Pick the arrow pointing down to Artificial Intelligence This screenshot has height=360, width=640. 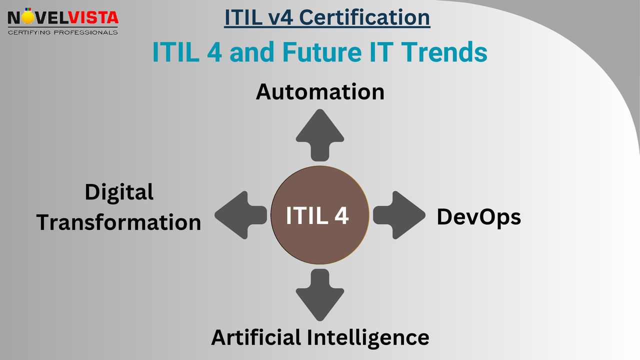320,295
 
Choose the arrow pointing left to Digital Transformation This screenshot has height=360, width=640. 240,215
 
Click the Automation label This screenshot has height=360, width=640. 320,92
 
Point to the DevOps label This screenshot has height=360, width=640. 479,216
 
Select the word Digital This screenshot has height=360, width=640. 119,192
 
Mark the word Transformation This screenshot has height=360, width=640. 119,222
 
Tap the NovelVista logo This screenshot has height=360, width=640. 63,21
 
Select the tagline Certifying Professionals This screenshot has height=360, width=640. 63,32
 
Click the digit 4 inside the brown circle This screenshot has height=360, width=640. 342,215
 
